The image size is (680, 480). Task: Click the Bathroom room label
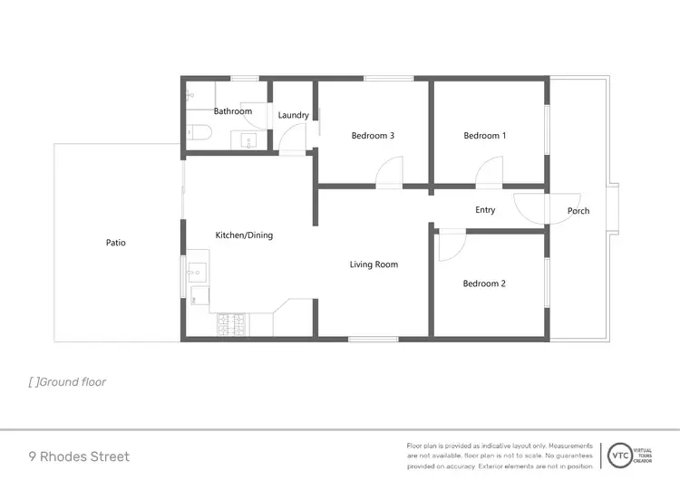233,111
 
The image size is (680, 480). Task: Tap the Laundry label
293,115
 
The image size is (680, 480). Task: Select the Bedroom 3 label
373,136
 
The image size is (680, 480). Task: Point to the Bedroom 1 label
484,136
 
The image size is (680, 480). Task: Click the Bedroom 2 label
484,283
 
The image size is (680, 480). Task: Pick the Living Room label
374,264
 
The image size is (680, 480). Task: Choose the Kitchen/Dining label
244,235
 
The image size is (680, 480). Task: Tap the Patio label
115,243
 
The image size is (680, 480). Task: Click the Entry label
485,210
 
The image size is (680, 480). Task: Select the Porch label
578,211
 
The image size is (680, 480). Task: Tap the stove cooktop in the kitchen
230,325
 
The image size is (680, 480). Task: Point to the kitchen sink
196,270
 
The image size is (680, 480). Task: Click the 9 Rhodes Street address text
79,456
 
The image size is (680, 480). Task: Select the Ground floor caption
68,382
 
